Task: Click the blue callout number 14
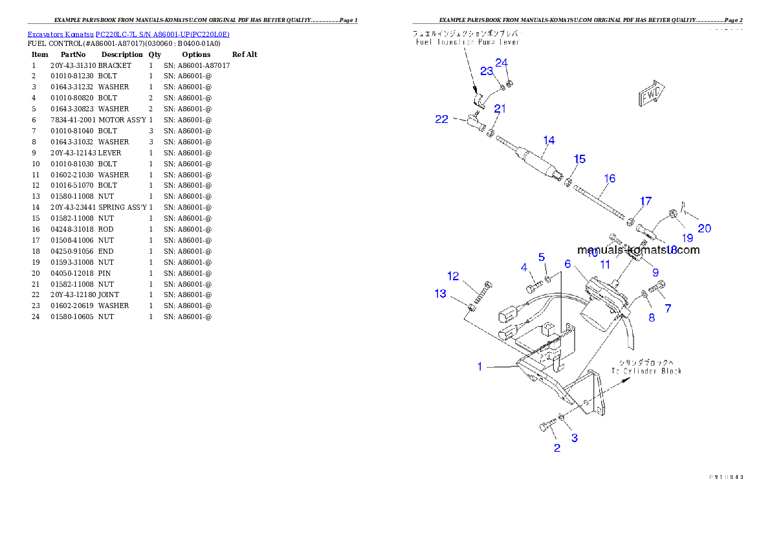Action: coord(549,140)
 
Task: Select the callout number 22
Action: coord(441,120)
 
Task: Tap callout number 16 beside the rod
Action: coord(610,179)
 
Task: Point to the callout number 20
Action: coord(704,228)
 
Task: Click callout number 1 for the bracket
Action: coord(479,366)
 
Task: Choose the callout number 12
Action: coord(453,276)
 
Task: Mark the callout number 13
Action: coord(440,294)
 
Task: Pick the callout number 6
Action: coord(567,263)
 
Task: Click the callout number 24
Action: coord(502,63)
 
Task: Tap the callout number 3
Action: coord(574,438)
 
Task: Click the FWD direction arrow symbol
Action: coord(652,95)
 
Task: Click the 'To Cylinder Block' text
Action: coord(646,371)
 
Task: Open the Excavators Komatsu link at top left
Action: coord(128,34)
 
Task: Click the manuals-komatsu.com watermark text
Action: coord(638,250)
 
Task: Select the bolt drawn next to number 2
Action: coord(547,426)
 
